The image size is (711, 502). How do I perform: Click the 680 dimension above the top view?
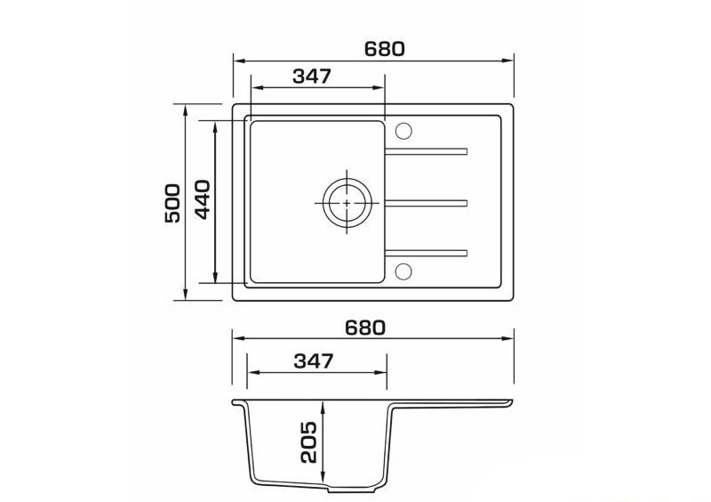(x=384, y=49)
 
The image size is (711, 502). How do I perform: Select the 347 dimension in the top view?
(x=312, y=77)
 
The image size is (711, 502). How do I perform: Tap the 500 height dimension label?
(x=172, y=203)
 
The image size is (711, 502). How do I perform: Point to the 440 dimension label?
(x=203, y=199)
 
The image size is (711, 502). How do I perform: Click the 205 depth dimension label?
(x=308, y=442)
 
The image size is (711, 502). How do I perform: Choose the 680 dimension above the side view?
(x=365, y=328)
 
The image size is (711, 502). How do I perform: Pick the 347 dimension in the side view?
(x=314, y=361)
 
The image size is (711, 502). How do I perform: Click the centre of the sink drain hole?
(x=348, y=203)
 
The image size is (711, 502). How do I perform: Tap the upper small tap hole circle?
(x=403, y=131)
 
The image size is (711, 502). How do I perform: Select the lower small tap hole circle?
(x=403, y=271)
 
